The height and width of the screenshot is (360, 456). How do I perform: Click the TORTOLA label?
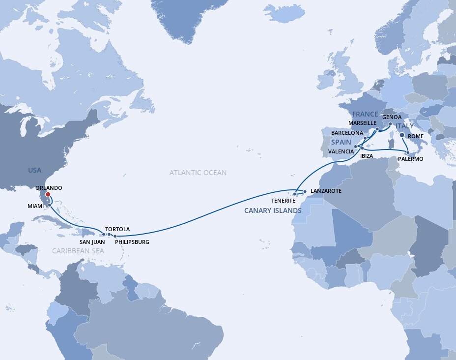117,229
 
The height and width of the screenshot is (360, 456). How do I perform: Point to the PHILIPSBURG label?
131,242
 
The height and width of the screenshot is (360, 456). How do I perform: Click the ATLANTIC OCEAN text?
198,173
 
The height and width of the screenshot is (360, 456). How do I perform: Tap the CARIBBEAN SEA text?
78,251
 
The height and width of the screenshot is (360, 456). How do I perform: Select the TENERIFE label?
283,201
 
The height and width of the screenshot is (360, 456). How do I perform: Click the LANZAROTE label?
326,190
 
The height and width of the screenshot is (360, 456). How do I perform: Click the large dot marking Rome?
401,135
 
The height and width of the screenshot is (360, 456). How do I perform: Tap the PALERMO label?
410,159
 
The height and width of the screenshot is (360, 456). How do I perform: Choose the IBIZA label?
367,156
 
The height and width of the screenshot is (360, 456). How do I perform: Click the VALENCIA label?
341,151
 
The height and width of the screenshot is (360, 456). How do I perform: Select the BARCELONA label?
347,133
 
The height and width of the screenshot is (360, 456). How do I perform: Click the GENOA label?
392,117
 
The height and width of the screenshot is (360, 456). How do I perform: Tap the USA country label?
35,170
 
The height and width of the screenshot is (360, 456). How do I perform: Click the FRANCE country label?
365,114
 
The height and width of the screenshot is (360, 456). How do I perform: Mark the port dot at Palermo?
407,152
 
